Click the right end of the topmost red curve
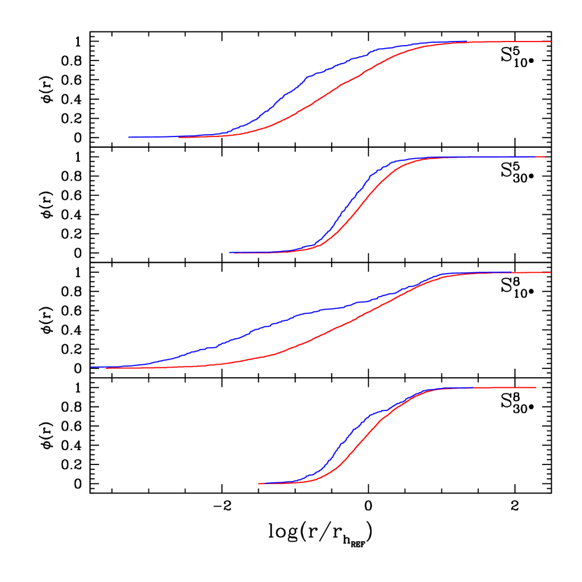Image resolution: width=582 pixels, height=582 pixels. [x=551, y=42]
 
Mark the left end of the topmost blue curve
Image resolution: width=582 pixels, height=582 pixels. [x=129, y=137]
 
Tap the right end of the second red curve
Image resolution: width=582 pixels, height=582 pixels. [x=545, y=157]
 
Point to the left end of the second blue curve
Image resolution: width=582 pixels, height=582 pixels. [x=230, y=252]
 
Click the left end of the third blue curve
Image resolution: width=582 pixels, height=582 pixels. [x=90, y=367]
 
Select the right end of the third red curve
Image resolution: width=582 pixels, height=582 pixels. [x=551, y=272]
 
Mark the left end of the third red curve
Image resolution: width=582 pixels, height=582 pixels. [x=106, y=368]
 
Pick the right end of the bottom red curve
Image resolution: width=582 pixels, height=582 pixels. [x=536, y=387]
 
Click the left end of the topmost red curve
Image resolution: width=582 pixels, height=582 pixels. [x=178, y=137]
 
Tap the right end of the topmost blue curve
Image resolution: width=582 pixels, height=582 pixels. [x=467, y=42]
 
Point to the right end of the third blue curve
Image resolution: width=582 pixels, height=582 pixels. [x=511, y=272]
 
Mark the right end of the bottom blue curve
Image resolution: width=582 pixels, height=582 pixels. [x=472, y=387]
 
